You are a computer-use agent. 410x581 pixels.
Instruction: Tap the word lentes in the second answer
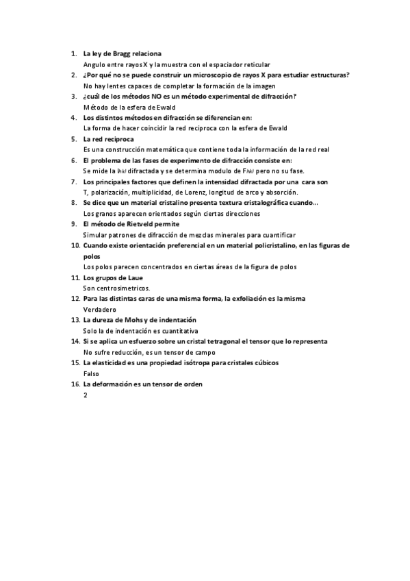click(127, 86)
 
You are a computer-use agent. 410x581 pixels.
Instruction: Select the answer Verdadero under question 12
click(99, 310)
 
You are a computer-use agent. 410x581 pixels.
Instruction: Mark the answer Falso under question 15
click(91, 373)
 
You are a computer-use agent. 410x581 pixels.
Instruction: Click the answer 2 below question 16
click(86, 395)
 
